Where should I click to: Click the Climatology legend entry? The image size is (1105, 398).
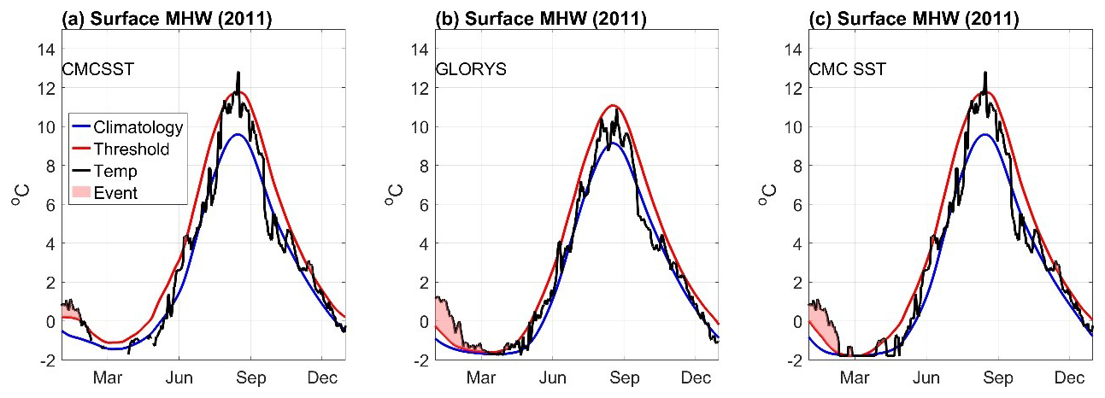pos(138,128)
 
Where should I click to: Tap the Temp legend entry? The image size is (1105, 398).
pos(120,172)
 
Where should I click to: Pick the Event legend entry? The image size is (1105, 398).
pos(120,193)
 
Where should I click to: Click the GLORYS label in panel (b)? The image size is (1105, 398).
pos(471,69)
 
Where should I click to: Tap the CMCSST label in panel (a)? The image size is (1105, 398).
pos(98,69)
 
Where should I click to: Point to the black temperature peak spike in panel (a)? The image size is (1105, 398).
pos(238,75)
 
